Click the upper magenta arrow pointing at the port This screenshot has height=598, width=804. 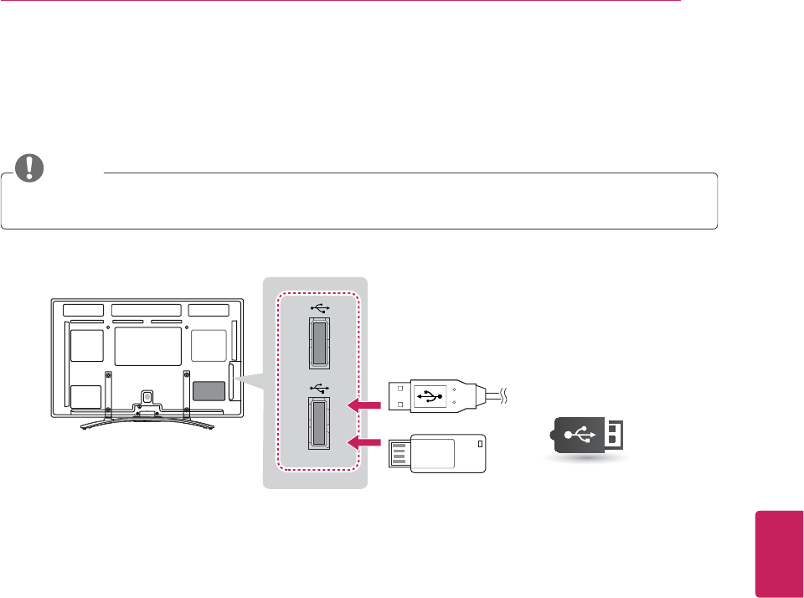[366, 406]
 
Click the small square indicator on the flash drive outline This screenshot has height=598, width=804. [478, 443]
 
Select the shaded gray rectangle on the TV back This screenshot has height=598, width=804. [209, 392]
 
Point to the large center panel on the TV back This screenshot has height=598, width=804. [147, 346]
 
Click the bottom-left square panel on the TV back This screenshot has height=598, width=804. [85, 396]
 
